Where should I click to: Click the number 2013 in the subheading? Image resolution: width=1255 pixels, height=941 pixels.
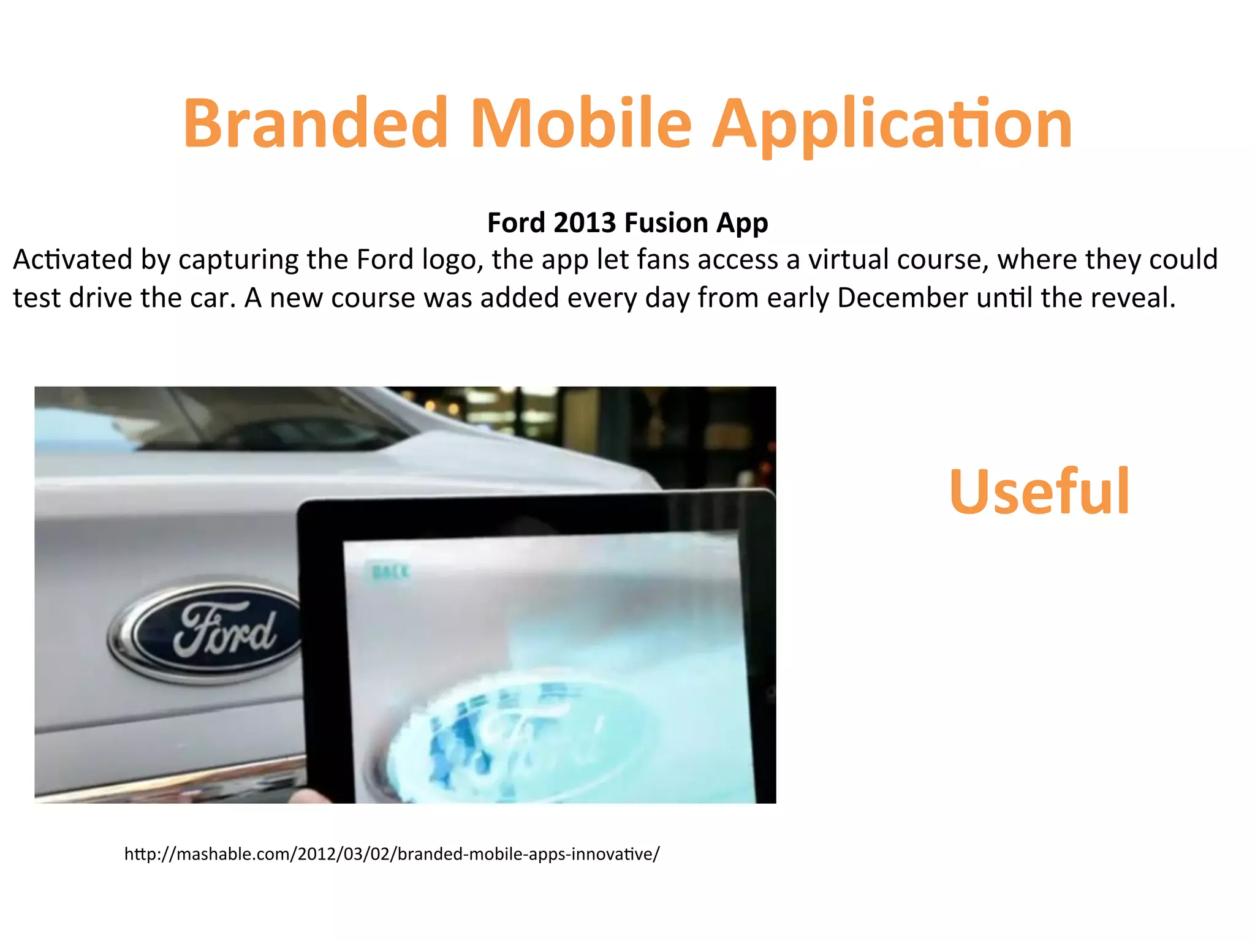click(x=584, y=222)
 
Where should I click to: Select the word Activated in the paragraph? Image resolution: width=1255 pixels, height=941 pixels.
click(x=73, y=260)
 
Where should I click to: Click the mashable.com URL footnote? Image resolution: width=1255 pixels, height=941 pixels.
click(x=392, y=853)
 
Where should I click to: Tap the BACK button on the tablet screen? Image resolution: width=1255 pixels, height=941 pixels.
click(x=390, y=572)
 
